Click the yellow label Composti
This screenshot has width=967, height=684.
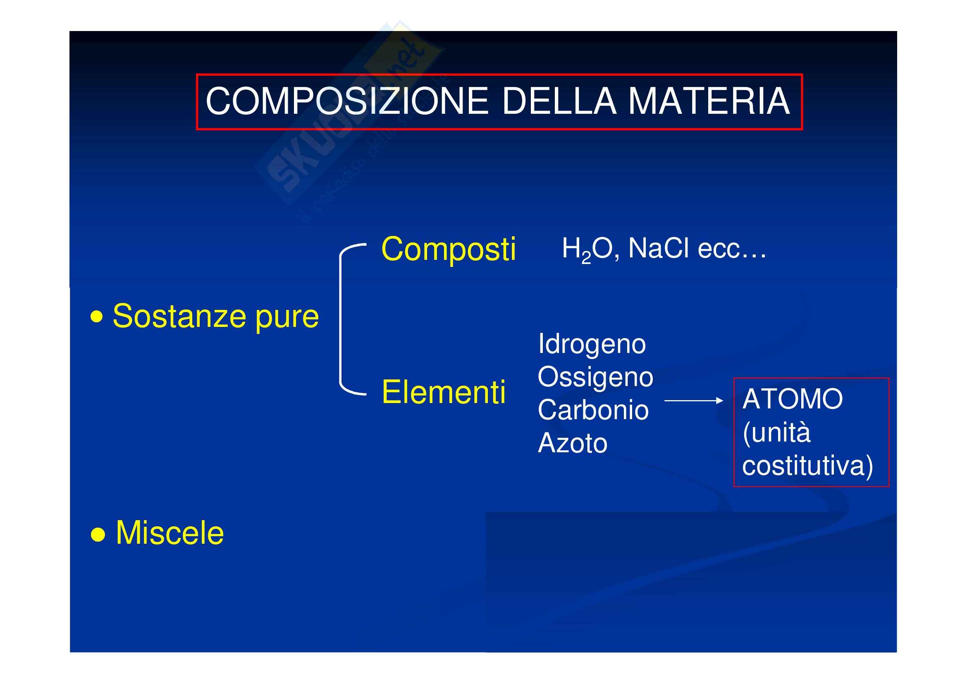point(448,250)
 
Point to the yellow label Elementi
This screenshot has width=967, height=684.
point(444,392)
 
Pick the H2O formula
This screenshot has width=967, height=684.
point(587,250)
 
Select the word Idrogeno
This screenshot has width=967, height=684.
point(592,345)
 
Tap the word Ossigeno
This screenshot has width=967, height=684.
point(595,378)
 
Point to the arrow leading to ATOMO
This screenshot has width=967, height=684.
point(694,401)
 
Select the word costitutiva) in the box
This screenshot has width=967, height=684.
point(807,466)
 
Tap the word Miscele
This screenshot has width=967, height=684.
point(170,533)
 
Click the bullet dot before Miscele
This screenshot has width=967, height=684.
point(98,535)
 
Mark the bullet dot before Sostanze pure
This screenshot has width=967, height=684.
point(97,317)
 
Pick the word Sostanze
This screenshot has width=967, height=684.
point(179,316)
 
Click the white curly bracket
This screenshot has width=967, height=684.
point(340,319)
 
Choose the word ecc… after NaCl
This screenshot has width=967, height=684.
point(732,250)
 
